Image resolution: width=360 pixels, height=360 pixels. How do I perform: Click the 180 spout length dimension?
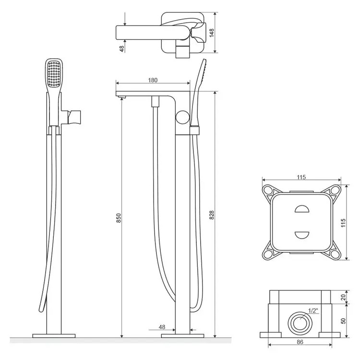coord(153,80)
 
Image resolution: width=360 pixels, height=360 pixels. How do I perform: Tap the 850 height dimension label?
coord(119,218)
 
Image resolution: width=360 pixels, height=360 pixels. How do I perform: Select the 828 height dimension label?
coord(212,215)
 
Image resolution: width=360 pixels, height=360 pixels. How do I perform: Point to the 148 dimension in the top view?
coord(212,33)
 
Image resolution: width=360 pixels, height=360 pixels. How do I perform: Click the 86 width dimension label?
coord(300,342)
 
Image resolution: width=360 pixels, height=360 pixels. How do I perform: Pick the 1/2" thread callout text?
coord(313,311)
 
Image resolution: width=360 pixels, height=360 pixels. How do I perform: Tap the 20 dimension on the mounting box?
coord(343,297)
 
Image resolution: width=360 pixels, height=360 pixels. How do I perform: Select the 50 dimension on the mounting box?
coord(343,321)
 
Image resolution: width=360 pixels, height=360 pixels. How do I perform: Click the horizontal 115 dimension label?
coord(301,177)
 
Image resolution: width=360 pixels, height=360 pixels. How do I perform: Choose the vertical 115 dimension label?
coord(343,223)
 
